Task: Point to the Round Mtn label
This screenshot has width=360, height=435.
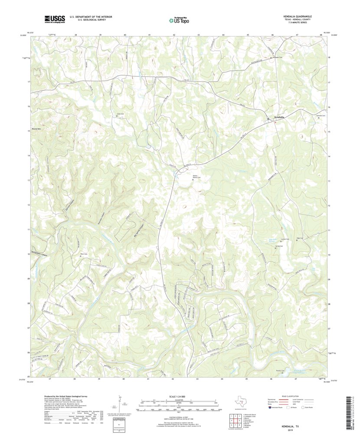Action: point(31,129)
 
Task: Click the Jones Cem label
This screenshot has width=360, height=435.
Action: point(117,114)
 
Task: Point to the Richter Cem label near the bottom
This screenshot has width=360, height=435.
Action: point(280,370)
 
